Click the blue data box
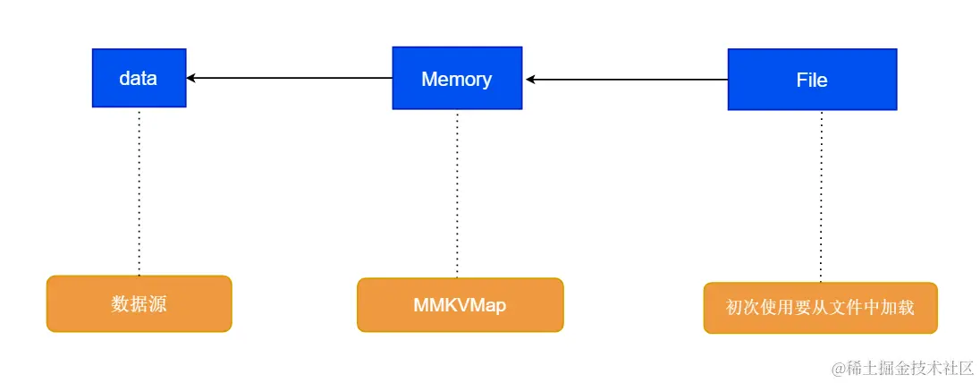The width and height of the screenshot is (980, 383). (x=139, y=79)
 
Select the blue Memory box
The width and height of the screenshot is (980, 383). (x=456, y=79)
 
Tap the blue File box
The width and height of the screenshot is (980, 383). (x=812, y=80)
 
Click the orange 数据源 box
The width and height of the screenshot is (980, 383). (x=139, y=304)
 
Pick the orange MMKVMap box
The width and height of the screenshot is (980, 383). (x=460, y=305)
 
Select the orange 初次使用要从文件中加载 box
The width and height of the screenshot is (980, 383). (x=820, y=308)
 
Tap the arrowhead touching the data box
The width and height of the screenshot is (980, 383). (x=192, y=78)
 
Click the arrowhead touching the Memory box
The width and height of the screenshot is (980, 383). (x=531, y=80)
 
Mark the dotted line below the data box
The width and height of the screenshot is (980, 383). (x=139, y=191)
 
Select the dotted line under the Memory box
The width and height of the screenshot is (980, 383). (x=457, y=193)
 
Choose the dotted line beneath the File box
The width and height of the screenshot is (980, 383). (x=821, y=197)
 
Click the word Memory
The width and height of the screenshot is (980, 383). (x=456, y=79)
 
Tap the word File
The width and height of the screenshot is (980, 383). (x=812, y=80)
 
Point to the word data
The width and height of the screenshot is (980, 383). (x=139, y=79)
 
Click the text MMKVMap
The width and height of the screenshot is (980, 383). (x=460, y=305)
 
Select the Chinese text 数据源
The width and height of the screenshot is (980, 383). (x=139, y=304)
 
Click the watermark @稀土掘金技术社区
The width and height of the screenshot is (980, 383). (x=902, y=368)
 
